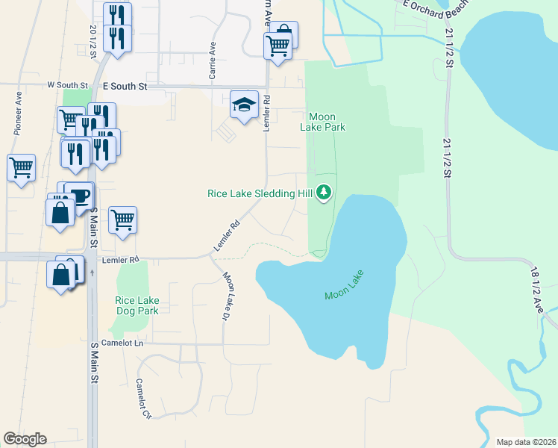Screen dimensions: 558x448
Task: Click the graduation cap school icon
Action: tap(244, 105)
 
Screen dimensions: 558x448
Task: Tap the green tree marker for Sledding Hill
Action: tap(324, 193)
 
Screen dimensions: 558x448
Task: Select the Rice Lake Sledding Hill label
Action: tap(260, 193)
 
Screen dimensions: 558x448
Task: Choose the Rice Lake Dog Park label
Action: tap(137, 305)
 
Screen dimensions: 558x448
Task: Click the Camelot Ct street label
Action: tap(143, 398)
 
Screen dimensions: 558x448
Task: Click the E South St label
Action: tap(125, 87)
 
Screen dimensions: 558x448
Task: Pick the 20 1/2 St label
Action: tap(93, 44)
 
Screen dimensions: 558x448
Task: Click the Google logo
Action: tap(25, 439)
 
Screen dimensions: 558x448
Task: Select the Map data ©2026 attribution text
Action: tap(526, 442)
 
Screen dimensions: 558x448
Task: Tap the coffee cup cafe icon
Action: tap(78, 196)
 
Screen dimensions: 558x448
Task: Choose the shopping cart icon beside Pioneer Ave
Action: tap(22, 167)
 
